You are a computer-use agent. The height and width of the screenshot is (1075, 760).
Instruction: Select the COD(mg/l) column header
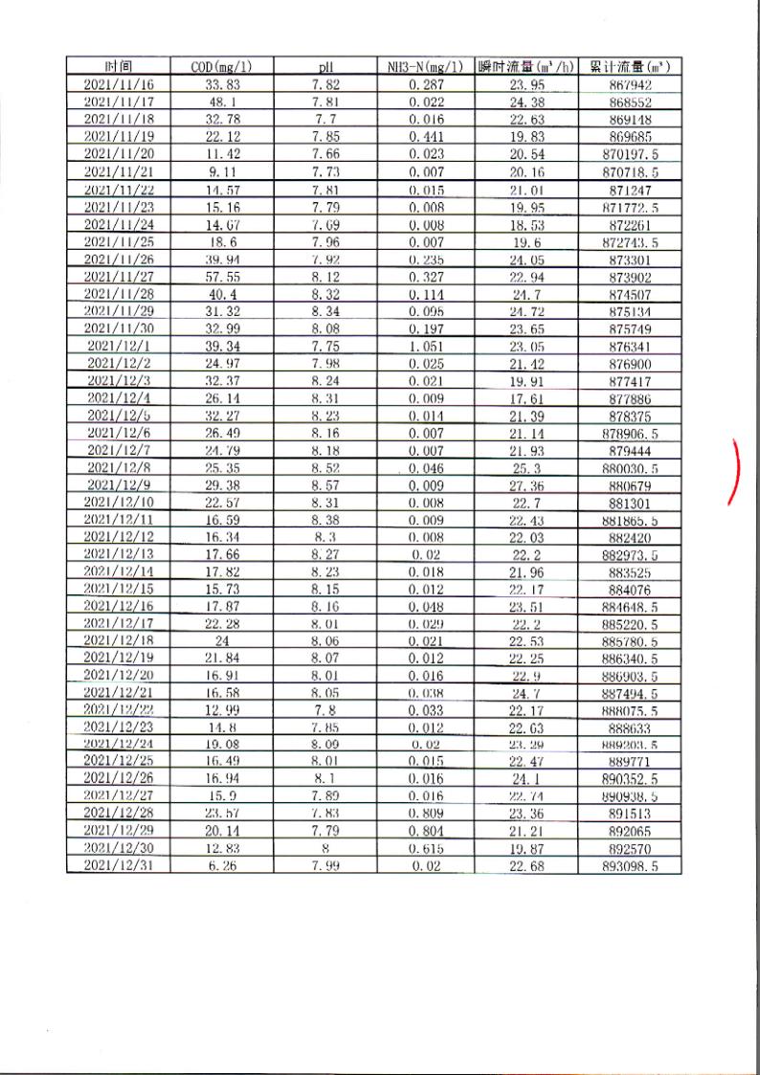coord(221,67)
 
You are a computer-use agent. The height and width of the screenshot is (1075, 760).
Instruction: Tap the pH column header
coord(324,67)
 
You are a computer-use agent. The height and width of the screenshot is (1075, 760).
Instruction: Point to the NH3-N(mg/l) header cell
coord(426,67)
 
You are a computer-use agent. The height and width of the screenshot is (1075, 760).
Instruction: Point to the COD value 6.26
coord(221,866)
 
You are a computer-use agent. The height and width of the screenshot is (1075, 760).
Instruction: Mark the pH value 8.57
coord(324,485)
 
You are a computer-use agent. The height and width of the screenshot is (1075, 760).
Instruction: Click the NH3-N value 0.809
coord(426,815)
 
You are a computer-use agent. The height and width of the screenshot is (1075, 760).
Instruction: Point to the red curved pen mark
coord(734,470)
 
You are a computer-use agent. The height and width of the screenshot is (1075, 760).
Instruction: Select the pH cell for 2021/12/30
coord(324,849)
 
